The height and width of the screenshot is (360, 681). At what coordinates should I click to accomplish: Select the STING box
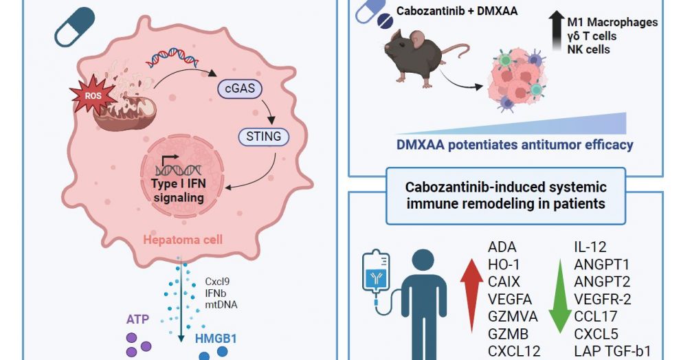(263, 136)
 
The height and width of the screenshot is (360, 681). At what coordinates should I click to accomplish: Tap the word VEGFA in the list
(509, 299)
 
